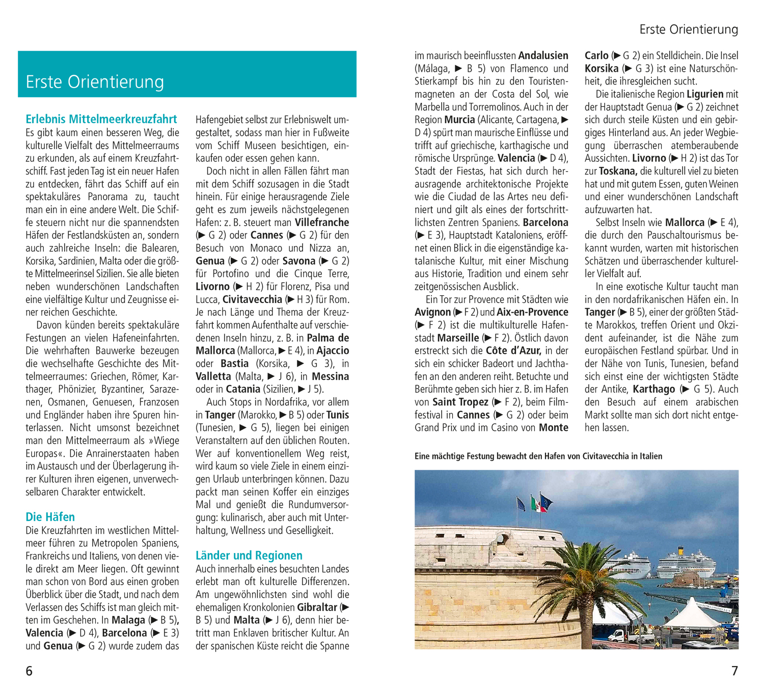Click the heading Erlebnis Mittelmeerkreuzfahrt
pos(101,119)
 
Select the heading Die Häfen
pos(50,517)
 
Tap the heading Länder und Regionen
pos(249,556)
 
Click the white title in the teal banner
pos(95,82)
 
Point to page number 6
pos(29,671)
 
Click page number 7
pos(734,671)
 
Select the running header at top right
pos(689,30)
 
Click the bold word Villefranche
pos(322,223)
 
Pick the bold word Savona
pos(298,261)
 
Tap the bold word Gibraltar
pos(317,607)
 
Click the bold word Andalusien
pos(543,56)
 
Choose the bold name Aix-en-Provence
pos(532,312)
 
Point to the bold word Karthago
pos(653,389)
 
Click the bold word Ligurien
pos(705,94)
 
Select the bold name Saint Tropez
pos(460,402)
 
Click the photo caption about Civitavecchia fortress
pos(538,456)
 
